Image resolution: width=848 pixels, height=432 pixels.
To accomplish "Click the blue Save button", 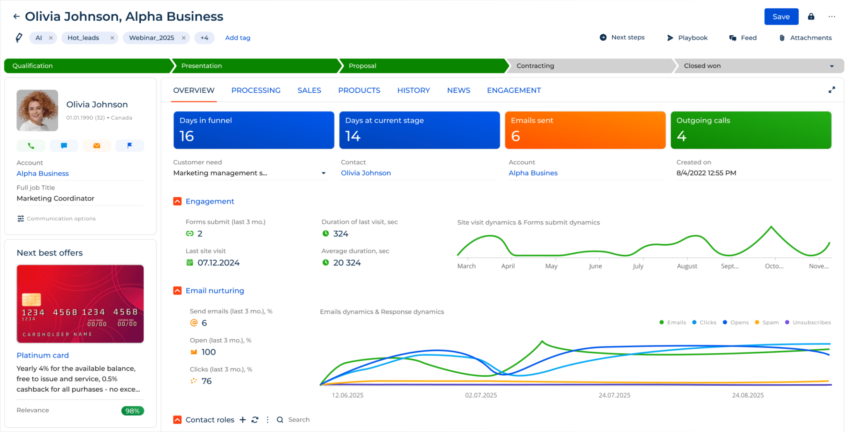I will (781, 17).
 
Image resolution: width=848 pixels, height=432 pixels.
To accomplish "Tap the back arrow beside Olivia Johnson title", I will (16, 17).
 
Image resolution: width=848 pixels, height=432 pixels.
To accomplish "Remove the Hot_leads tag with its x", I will (112, 38).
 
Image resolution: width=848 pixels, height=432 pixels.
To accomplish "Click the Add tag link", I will (237, 38).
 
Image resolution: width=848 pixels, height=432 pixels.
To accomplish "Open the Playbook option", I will (687, 38).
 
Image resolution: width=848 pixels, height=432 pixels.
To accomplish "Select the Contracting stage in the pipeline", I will (535, 66).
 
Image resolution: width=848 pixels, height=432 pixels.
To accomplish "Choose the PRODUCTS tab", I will (359, 90).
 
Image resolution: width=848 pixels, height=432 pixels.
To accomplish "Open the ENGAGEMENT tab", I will (513, 90).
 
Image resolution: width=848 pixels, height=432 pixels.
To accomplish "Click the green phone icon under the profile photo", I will (31, 146).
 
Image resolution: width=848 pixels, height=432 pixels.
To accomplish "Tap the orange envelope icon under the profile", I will (96, 146).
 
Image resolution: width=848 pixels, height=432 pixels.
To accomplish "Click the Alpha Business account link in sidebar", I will (43, 174).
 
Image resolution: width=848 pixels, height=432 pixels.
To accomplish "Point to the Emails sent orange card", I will (585, 130).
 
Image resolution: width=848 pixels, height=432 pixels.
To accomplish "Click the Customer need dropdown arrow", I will (323, 173).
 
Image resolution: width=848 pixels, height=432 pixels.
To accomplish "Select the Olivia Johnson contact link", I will (366, 173).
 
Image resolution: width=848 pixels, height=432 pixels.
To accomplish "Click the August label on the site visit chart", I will (687, 266).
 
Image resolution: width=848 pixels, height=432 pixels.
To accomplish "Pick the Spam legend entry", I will (767, 323).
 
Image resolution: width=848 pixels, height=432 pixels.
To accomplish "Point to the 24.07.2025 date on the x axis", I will (614, 396).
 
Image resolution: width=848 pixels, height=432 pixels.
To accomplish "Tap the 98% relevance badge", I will (132, 411).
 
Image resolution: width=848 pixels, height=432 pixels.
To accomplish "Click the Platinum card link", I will (43, 355).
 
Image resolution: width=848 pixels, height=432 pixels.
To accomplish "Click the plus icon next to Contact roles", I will (243, 420).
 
